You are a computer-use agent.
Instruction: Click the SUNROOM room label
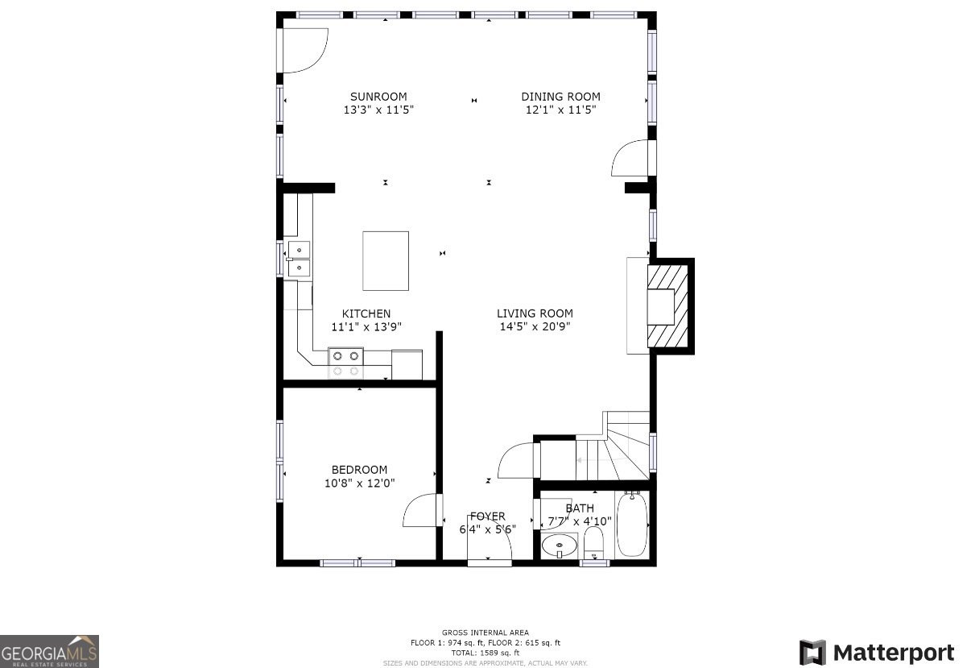[x=378, y=97]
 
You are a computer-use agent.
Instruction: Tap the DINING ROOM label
[x=560, y=97]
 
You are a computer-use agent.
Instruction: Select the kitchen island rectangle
[x=386, y=261]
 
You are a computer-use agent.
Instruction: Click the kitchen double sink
[x=299, y=259]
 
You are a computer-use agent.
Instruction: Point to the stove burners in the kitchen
[x=345, y=363]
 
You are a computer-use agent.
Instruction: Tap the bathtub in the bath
[x=632, y=525]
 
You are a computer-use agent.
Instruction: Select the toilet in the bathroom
[x=593, y=543]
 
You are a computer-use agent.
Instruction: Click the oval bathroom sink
[x=560, y=546]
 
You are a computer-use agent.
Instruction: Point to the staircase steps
[x=613, y=452]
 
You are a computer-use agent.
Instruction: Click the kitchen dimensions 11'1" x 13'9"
[x=366, y=326]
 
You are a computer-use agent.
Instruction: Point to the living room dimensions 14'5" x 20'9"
[x=535, y=326]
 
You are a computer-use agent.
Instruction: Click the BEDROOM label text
[x=359, y=469]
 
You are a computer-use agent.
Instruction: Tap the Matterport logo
[x=877, y=653]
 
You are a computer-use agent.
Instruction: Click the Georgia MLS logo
[x=49, y=652]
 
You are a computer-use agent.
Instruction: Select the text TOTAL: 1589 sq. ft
[x=485, y=653]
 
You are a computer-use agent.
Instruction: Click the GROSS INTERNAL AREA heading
[x=485, y=633]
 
